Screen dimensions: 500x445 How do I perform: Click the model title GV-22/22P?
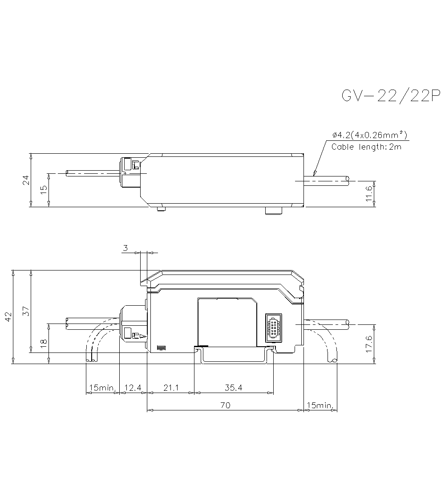[x=390, y=96]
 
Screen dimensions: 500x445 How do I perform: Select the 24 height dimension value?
[x=26, y=180]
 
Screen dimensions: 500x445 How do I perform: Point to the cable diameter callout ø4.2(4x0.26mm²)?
[x=370, y=135]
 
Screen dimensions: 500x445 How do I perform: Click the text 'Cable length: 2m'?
[x=366, y=147]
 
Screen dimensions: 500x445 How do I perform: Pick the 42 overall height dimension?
[x=8, y=317]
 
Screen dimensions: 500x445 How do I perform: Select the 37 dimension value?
[x=26, y=311]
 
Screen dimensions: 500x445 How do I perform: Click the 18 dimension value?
[x=43, y=343]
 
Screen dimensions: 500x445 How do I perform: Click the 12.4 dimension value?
[x=133, y=388]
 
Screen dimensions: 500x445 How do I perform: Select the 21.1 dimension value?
[x=170, y=388]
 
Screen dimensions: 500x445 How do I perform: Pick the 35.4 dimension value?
[x=234, y=388]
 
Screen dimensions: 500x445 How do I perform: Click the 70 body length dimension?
[x=225, y=406]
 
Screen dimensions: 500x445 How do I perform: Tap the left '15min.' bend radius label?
[x=102, y=388]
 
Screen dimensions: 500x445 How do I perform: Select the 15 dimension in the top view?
[x=43, y=189]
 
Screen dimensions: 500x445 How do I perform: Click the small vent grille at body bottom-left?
[x=161, y=348]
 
